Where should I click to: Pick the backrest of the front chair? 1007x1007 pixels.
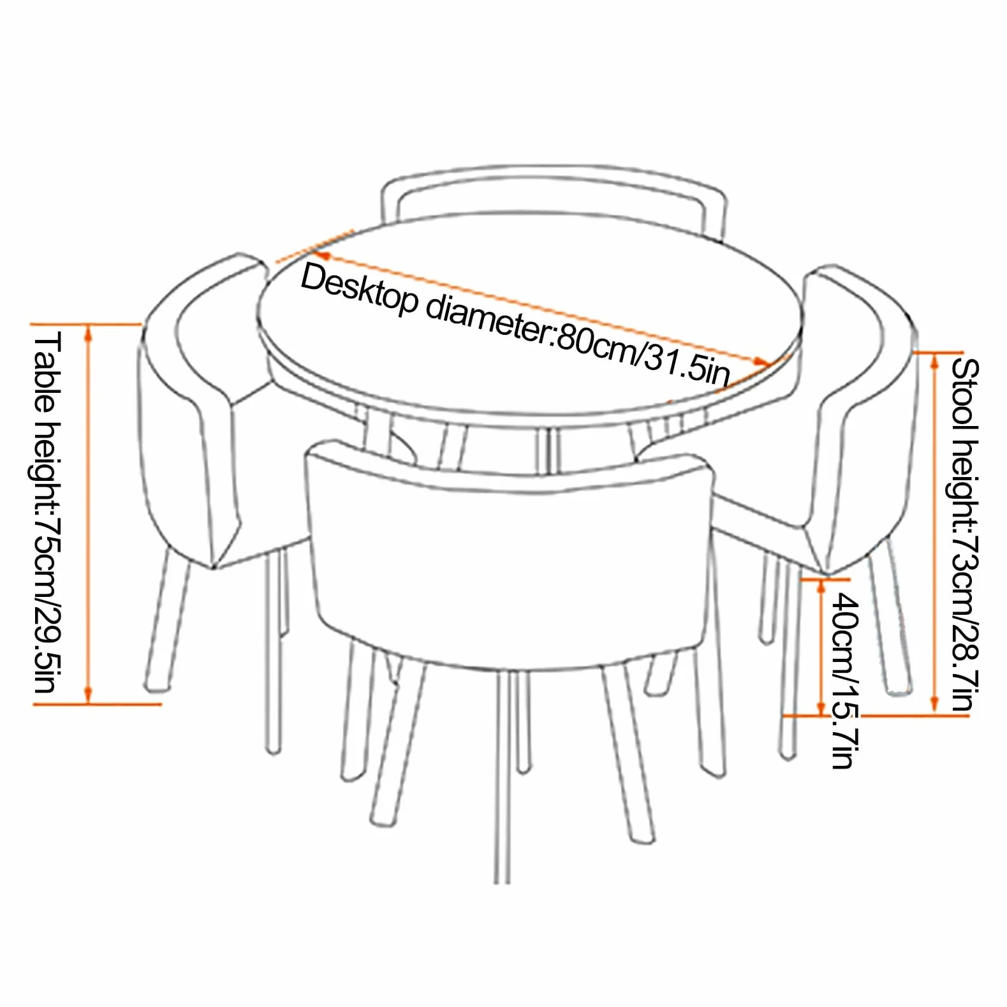[509, 548]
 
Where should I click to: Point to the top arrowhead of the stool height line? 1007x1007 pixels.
[935, 360]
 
